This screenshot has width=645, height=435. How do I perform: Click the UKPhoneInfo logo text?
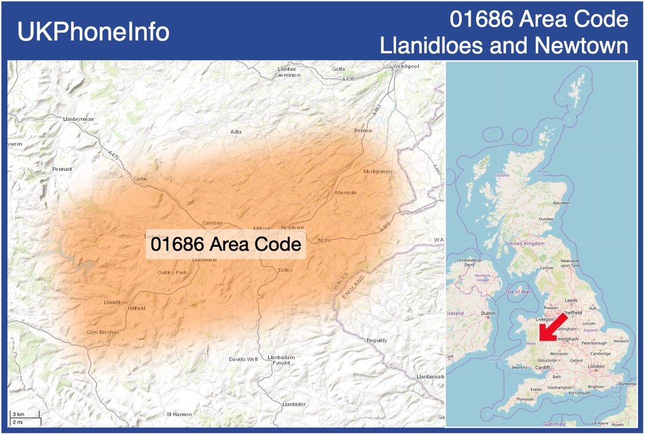point(93,32)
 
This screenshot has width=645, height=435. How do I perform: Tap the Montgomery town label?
point(377,172)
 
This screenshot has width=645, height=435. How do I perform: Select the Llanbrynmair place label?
point(79,119)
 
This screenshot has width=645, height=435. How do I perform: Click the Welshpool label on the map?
point(406,66)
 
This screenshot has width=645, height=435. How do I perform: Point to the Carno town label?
point(141,179)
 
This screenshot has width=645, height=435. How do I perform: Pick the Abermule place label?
point(346,192)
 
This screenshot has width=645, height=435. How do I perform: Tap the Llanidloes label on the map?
point(115,302)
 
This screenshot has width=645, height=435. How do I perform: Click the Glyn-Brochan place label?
point(102,332)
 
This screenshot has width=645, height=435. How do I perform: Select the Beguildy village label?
point(377,340)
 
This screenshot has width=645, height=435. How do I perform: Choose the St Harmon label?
point(179,414)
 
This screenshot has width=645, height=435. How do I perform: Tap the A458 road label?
point(349,79)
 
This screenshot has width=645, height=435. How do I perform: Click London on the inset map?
point(596,366)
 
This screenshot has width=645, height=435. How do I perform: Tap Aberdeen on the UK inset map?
point(561,203)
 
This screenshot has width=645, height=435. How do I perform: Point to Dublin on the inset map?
point(489,313)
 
